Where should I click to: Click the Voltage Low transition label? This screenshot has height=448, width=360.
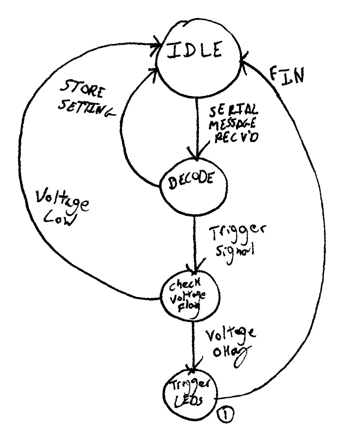coord(64,211)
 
